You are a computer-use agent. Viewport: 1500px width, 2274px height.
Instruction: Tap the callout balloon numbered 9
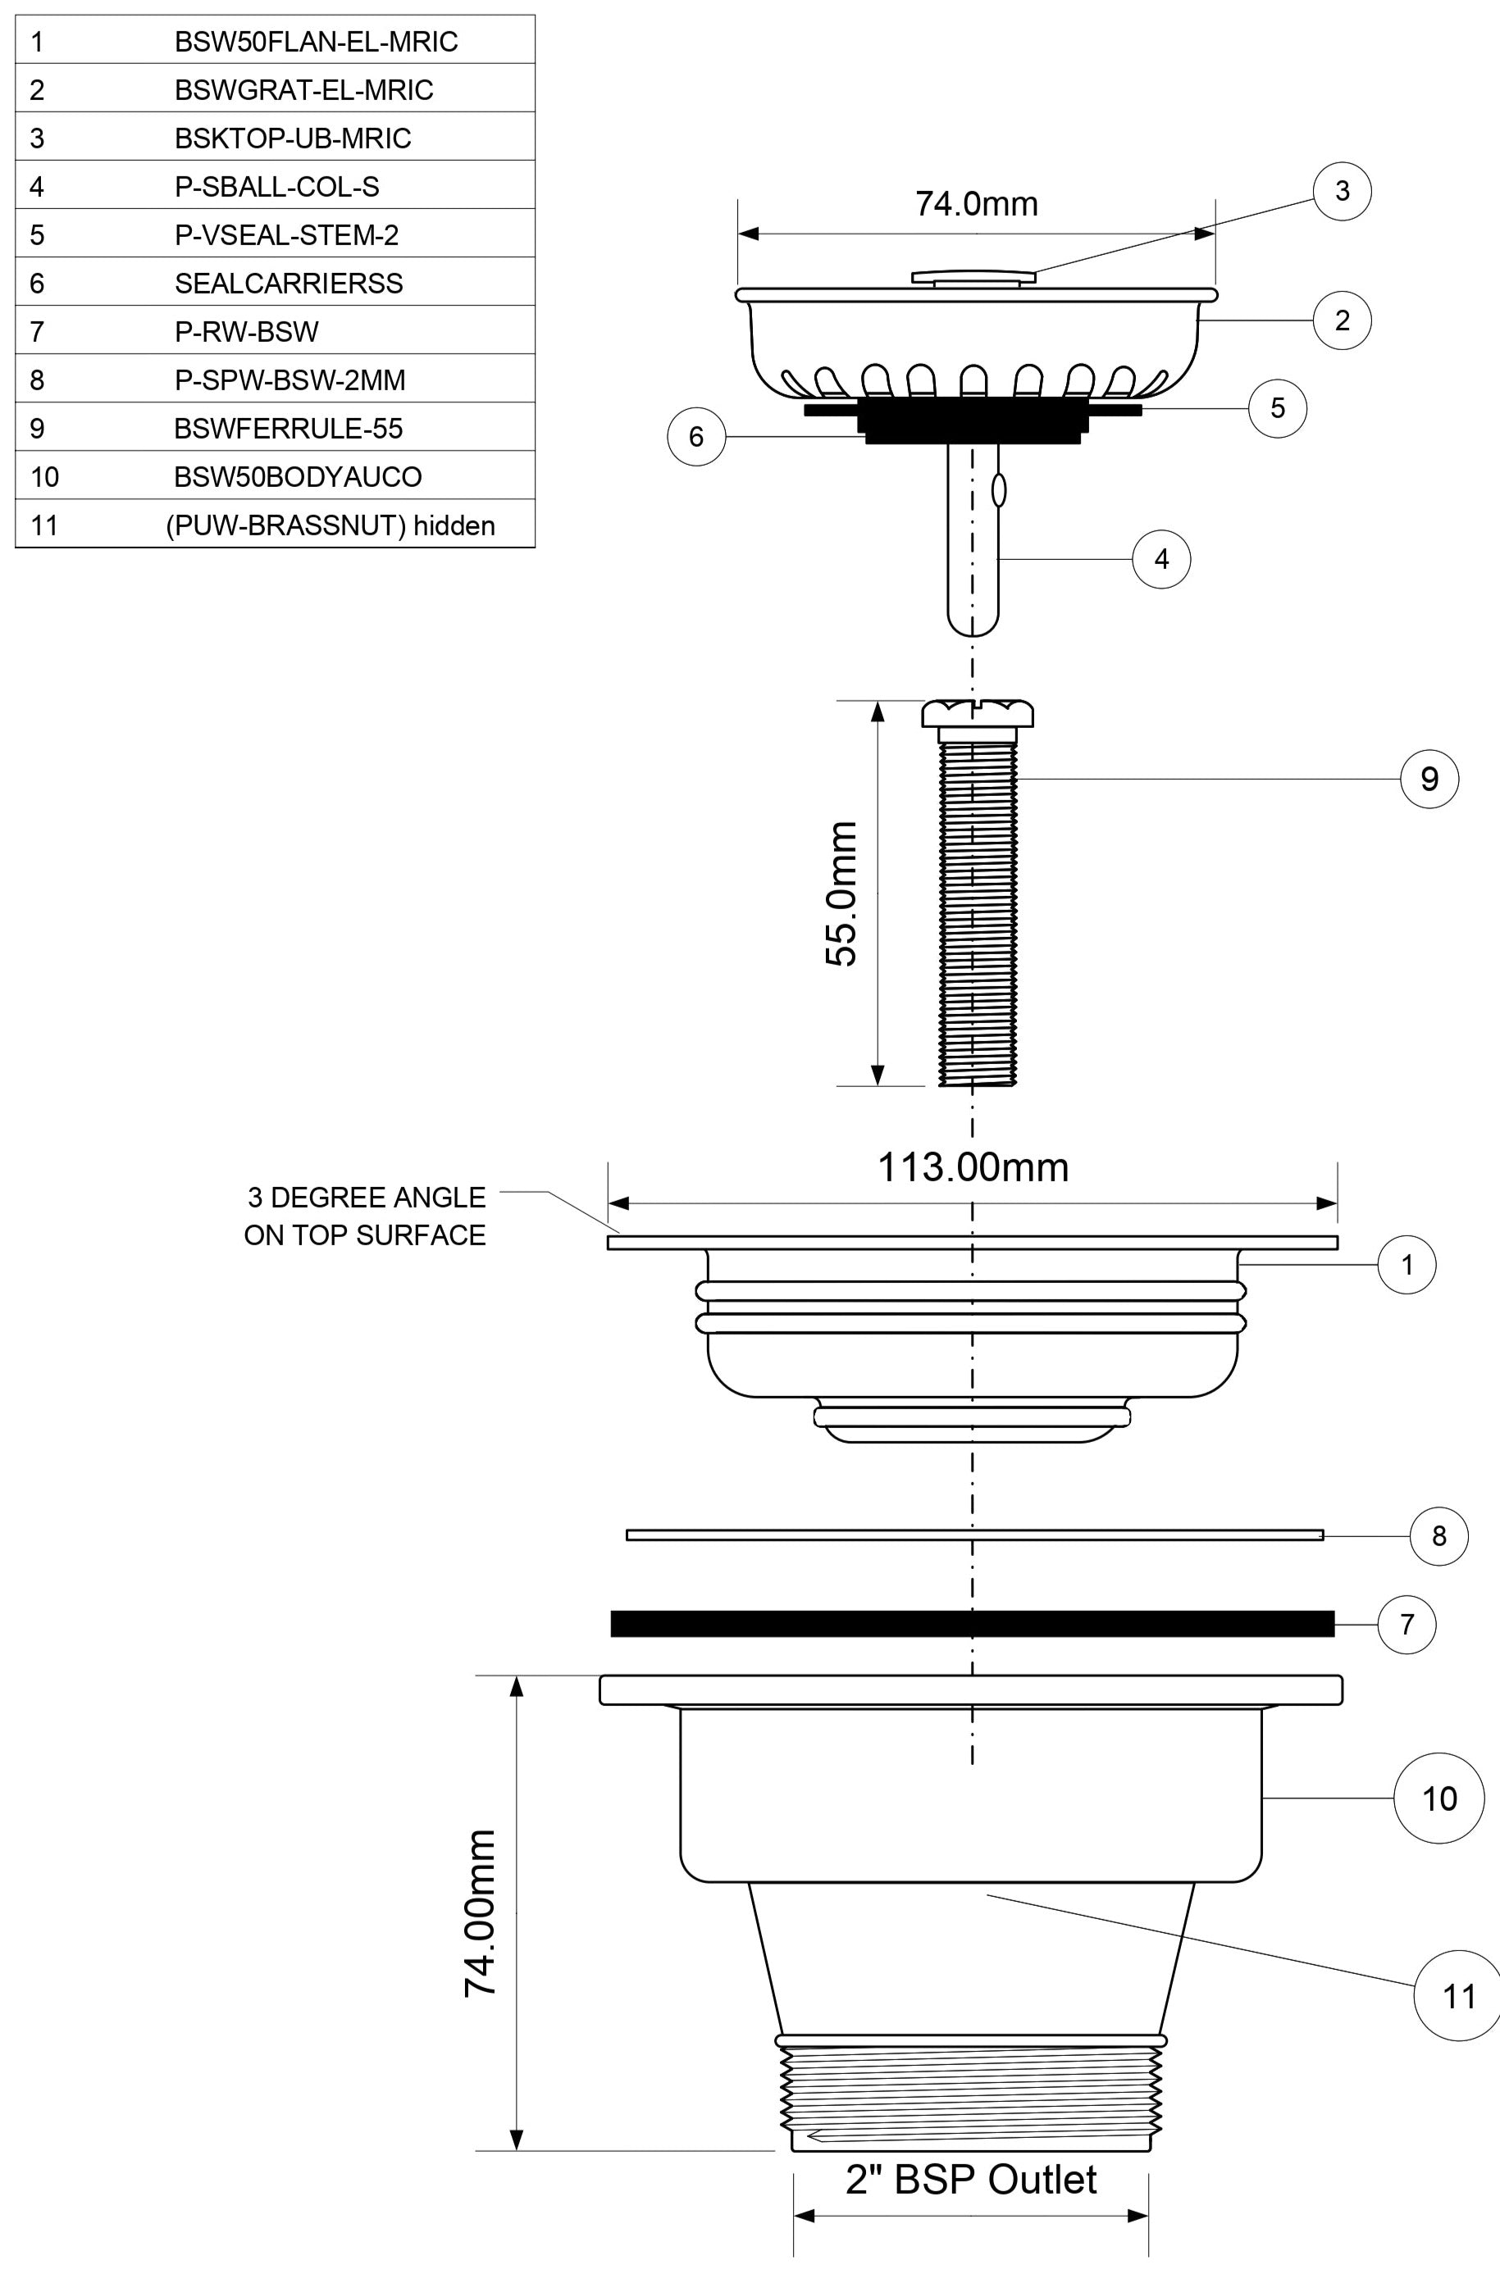click(x=1429, y=780)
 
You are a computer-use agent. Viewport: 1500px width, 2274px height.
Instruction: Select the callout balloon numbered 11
click(x=1458, y=1996)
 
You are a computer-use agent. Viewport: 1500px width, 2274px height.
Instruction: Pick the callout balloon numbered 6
click(x=696, y=437)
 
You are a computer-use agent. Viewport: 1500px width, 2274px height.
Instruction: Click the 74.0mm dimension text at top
click(x=976, y=203)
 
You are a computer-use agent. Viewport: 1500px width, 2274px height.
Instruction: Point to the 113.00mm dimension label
click(x=973, y=1167)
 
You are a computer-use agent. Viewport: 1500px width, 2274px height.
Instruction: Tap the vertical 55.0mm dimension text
click(x=841, y=894)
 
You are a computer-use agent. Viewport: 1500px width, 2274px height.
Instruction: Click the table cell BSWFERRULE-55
click(x=288, y=429)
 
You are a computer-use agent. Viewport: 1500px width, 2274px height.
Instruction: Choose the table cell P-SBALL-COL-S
click(x=276, y=186)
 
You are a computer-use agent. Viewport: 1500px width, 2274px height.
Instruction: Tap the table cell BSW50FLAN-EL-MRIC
click(x=316, y=42)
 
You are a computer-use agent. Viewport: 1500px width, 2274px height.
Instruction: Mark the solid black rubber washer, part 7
click(x=972, y=1624)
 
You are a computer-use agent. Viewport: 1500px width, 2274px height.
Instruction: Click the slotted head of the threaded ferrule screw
click(x=977, y=713)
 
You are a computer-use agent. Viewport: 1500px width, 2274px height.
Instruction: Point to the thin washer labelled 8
click(x=973, y=1535)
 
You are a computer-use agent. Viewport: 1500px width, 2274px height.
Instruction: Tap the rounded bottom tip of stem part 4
click(x=973, y=624)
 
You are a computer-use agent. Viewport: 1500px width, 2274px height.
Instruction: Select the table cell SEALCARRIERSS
click(x=288, y=284)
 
